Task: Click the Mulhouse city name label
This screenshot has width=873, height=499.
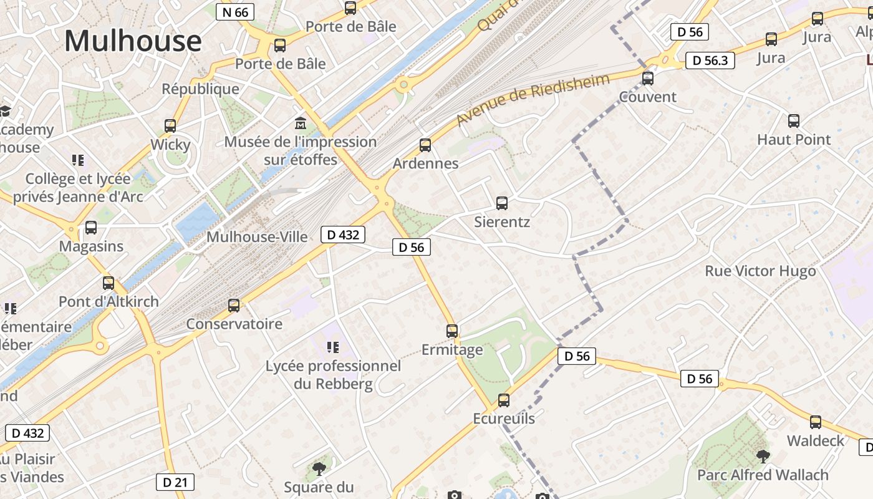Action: click(x=133, y=41)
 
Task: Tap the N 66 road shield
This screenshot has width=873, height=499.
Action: click(x=235, y=12)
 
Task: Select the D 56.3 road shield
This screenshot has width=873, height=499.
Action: click(x=710, y=61)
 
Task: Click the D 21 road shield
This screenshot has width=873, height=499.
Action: click(x=175, y=482)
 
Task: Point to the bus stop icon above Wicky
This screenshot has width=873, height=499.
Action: click(x=170, y=126)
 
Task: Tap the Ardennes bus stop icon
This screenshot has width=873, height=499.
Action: click(x=425, y=145)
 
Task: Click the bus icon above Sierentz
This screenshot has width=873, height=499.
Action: click(x=502, y=203)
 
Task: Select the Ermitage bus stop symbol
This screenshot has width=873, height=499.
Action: click(x=452, y=331)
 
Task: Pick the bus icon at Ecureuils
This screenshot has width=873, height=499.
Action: click(x=504, y=400)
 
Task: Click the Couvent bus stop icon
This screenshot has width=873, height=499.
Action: click(x=648, y=79)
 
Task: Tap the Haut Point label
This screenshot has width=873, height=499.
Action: click(x=794, y=140)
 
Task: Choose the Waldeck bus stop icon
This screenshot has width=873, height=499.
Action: click(x=816, y=422)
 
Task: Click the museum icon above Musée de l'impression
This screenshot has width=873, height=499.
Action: click(x=301, y=123)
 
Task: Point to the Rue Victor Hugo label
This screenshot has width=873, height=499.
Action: click(x=760, y=271)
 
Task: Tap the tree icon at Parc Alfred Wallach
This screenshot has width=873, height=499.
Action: click(x=763, y=457)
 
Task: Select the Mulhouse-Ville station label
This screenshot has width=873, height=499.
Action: click(x=257, y=237)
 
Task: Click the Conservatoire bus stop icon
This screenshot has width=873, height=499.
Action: click(x=234, y=306)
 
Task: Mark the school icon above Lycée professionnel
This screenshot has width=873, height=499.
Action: click(x=333, y=347)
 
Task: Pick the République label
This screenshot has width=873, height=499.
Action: click(x=200, y=89)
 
